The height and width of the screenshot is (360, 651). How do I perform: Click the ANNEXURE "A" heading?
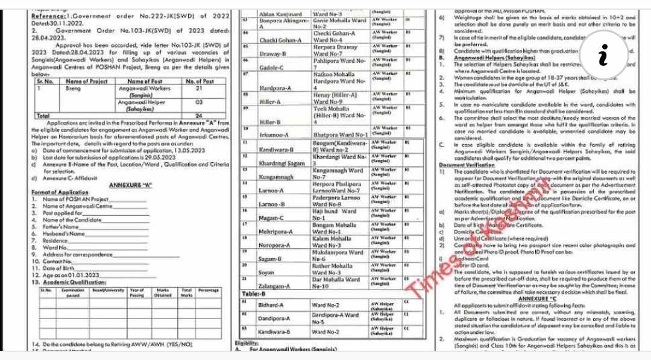[130, 185]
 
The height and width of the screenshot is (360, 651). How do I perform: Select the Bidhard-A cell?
[272, 305]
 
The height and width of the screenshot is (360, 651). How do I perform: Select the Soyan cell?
[266, 273]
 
